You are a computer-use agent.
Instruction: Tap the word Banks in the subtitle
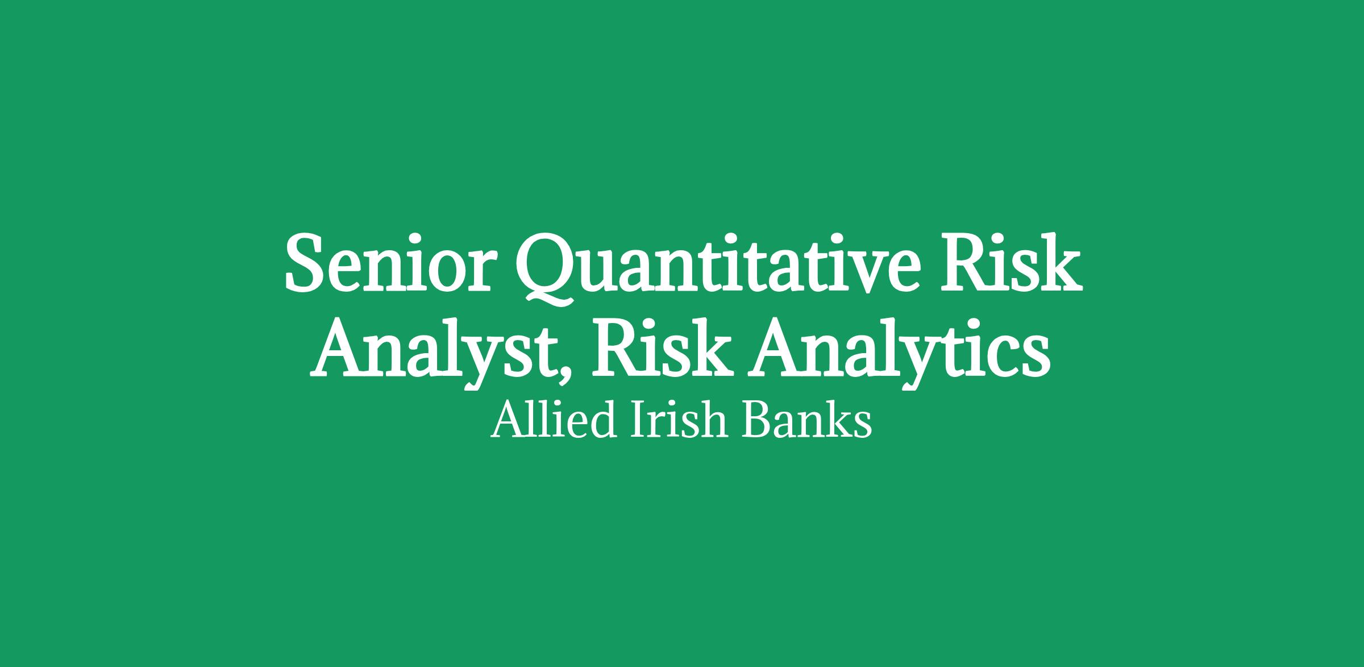pos(807,421)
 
